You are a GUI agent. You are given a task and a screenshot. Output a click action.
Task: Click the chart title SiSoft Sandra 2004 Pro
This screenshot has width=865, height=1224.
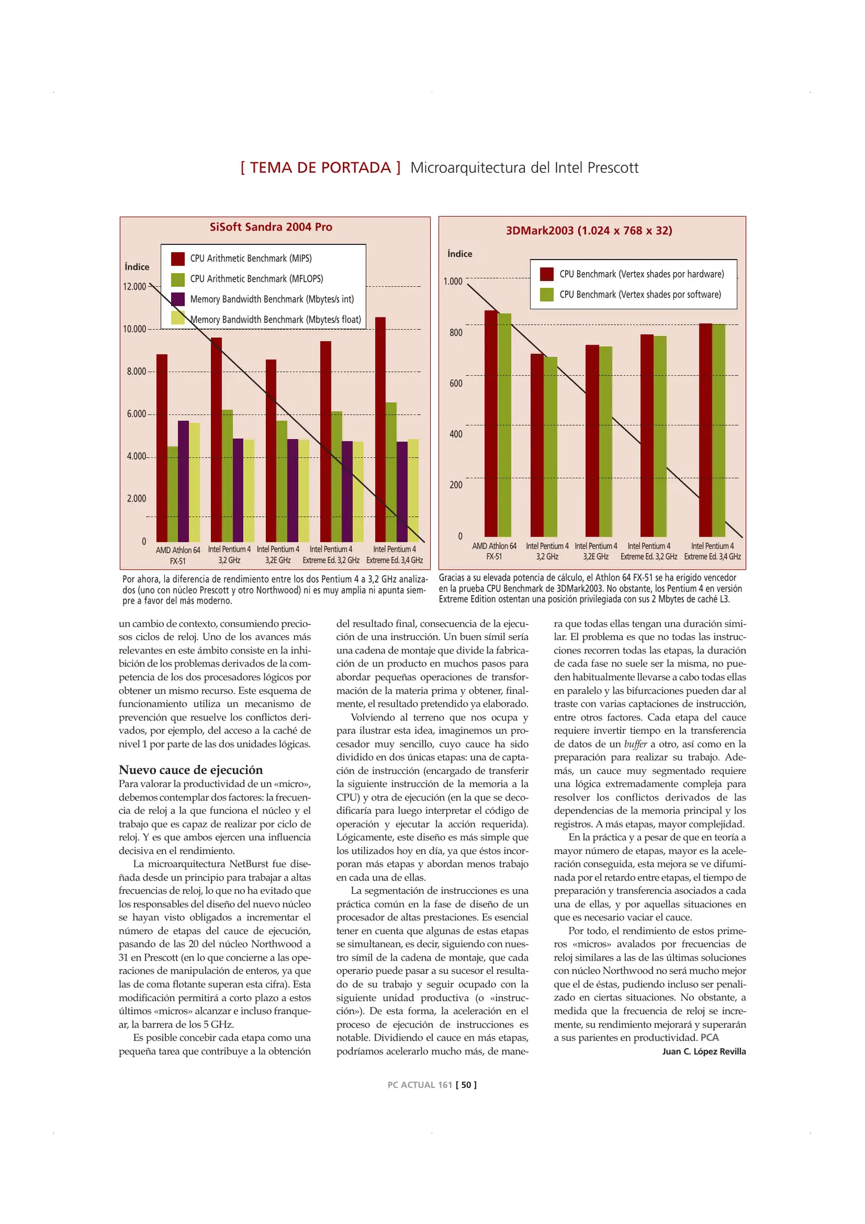click(x=271, y=227)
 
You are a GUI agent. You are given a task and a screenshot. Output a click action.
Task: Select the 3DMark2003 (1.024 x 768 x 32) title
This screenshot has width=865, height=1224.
click(x=588, y=231)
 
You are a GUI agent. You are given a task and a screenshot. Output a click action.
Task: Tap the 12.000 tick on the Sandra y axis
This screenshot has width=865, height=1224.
click(x=135, y=287)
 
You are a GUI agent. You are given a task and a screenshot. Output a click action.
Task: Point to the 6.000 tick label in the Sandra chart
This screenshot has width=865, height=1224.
click(x=137, y=414)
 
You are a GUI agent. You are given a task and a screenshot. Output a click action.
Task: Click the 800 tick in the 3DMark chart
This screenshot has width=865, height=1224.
click(x=456, y=333)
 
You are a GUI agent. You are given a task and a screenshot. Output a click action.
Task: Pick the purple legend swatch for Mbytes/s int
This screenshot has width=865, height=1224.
click(x=178, y=299)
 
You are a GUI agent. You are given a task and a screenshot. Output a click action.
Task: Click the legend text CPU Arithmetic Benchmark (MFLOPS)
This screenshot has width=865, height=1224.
click(x=256, y=279)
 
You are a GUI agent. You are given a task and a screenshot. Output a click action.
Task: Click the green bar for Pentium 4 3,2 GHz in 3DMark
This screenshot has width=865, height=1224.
click(x=550, y=447)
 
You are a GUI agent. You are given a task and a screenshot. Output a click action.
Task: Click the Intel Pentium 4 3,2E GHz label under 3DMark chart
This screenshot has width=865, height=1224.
click(x=596, y=551)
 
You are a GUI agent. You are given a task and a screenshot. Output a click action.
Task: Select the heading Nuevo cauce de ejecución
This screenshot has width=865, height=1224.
click(x=190, y=770)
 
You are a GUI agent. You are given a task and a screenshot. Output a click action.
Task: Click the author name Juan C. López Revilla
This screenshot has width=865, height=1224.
click(x=703, y=1052)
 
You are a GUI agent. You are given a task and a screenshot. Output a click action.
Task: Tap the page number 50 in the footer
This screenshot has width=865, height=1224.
click(x=466, y=1085)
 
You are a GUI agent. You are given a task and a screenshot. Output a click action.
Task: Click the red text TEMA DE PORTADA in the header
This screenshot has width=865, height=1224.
click(x=320, y=168)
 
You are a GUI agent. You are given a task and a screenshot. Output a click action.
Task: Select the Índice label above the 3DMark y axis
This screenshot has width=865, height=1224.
click(x=460, y=254)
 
